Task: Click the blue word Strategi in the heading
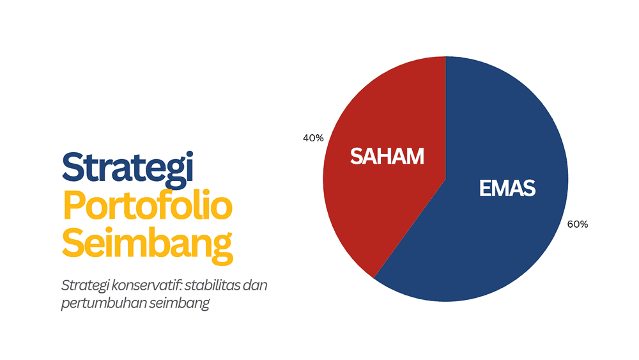pyautogui.click(x=128, y=168)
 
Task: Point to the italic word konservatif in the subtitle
pyautogui.click(x=137, y=285)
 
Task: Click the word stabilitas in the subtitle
pyautogui.click(x=207, y=285)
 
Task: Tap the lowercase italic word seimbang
pyautogui.click(x=180, y=303)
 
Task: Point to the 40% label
pyautogui.click(x=313, y=137)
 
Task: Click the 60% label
pyautogui.click(x=577, y=224)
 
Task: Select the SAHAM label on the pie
pyautogui.click(x=387, y=157)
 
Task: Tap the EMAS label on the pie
pyautogui.click(x=507, y=189)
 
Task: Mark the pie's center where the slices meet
pyautogui.click(x=445, y=178)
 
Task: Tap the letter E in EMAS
pyautogui.click(x=484, y=189)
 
